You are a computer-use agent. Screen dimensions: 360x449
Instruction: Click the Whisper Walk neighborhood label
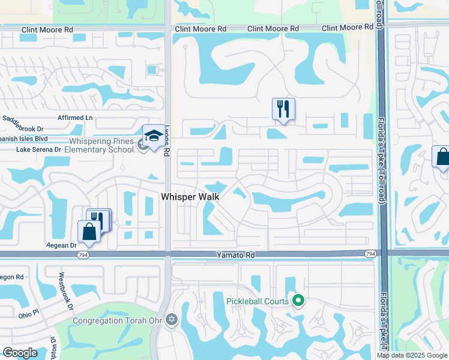189,197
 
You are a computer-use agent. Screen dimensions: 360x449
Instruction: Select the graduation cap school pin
153,136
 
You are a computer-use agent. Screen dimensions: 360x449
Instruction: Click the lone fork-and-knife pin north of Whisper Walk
283,109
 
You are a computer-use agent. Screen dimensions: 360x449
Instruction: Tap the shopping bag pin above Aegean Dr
89,232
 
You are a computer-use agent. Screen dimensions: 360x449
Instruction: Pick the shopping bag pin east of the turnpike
442,158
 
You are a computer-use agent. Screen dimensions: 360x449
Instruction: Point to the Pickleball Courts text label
259,301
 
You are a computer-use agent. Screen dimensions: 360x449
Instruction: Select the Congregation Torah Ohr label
117,320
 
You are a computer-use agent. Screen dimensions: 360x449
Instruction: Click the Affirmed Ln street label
76,118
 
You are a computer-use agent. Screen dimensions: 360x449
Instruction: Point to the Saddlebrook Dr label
23,125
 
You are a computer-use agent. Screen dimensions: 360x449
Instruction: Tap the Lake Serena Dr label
38,149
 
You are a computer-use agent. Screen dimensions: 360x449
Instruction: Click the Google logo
19,352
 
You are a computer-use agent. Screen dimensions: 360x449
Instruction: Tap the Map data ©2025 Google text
412,355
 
